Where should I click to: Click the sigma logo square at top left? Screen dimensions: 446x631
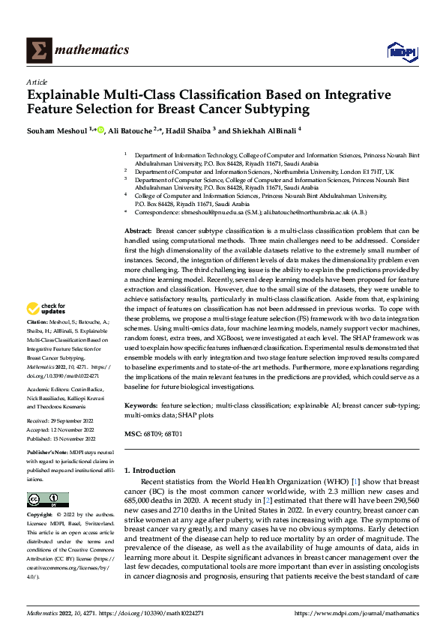(x=38, y=50)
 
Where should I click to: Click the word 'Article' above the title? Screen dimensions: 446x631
(x=37, y=82)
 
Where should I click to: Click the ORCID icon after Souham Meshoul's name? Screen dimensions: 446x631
(x=102, y=130)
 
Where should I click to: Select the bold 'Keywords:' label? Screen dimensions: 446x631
(x=142, y=405)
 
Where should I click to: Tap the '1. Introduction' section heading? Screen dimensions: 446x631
(x=154, y=470)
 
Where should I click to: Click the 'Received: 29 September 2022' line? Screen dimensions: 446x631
(x=59, y=420)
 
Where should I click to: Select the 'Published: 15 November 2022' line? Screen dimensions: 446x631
(x=61, y=437)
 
